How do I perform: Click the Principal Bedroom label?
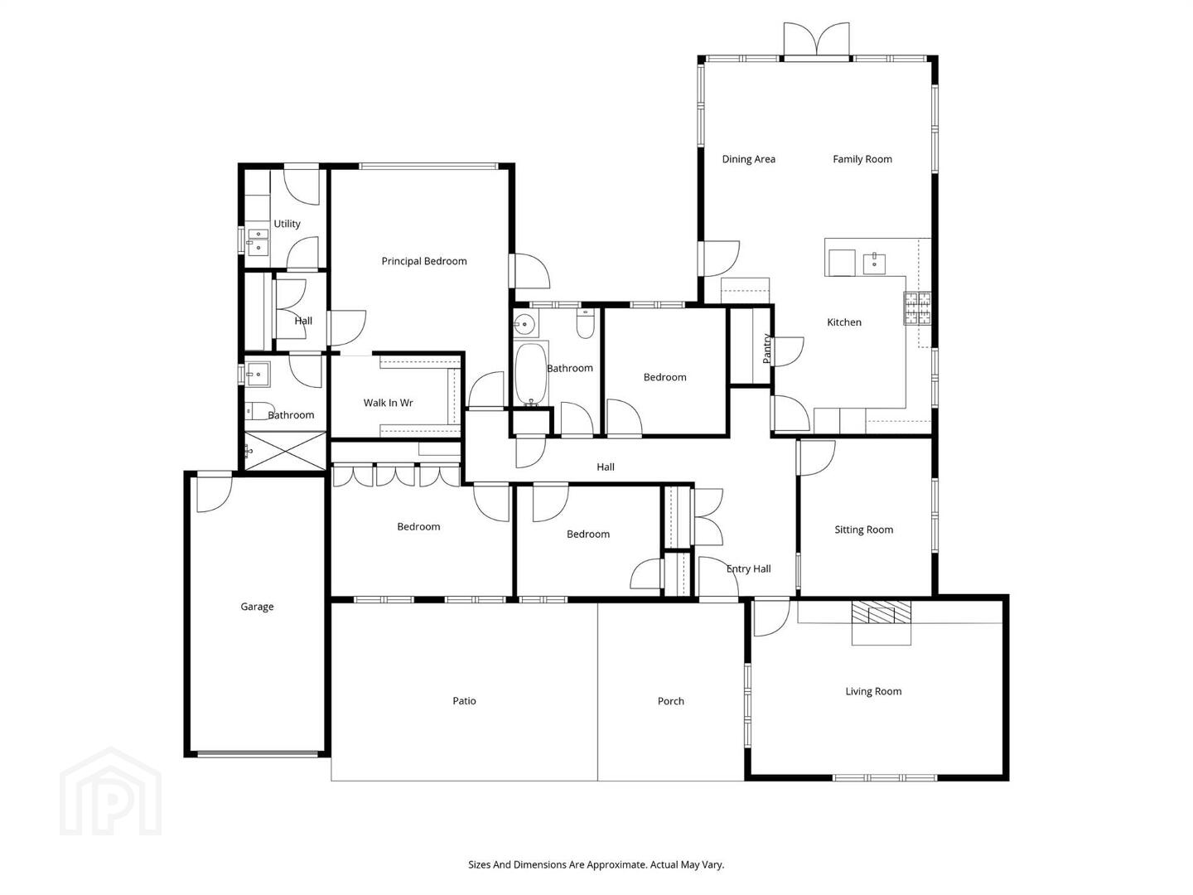pos(424,261)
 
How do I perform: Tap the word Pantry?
pos(766,348)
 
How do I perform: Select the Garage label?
pos(257,607)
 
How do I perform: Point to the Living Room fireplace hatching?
pos(881,612)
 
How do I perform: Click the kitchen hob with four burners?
pos(917,308)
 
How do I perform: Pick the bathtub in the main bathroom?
pos(530,373)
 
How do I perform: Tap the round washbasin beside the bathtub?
pos(525,326)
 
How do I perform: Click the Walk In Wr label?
pos(388,403)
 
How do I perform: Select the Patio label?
pos(464,701)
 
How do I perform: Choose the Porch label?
pos(671,701)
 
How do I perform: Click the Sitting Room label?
pos(863,530)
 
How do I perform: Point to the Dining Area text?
pos(748,159)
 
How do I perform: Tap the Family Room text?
pos(862,159)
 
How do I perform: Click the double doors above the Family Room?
pos(816,39)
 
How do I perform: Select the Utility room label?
pos(287,224)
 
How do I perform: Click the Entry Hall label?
pos(748,569)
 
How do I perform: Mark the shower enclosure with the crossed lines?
pos(285,451)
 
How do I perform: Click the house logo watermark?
pos(110,791)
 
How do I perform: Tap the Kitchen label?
pos(844,322)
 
